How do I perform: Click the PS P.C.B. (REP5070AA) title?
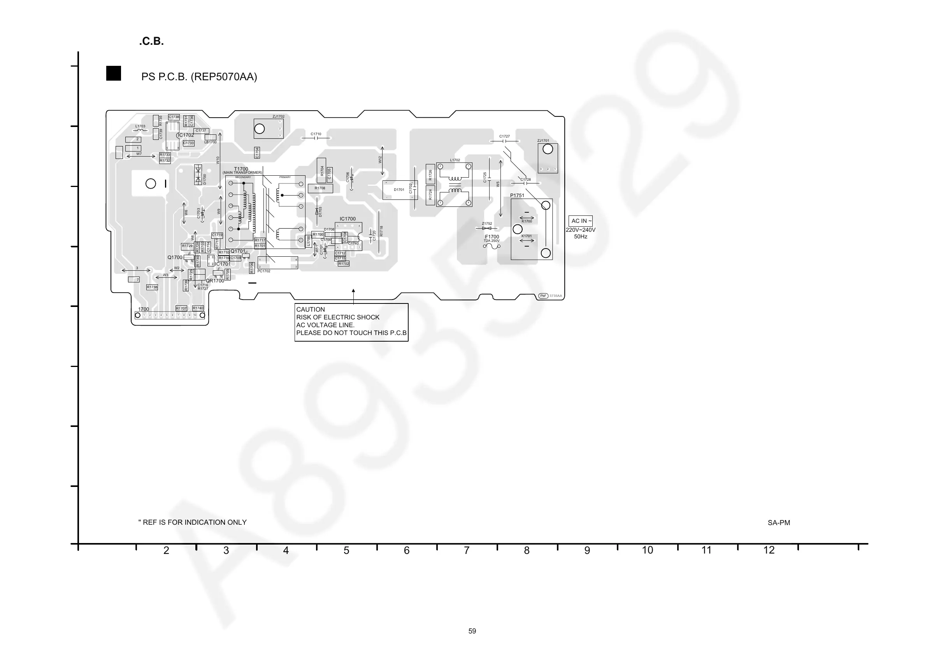[199, 77]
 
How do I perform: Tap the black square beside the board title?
[114, 74]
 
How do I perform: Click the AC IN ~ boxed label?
[581, 221]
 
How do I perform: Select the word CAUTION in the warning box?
[311, 310]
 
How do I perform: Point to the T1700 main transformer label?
[241, 169]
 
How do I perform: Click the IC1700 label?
[348, 219]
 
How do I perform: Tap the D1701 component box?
[399, 190]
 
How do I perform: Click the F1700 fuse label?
[492, 237]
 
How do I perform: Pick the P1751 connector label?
[517, 196]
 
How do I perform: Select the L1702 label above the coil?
[455, 160]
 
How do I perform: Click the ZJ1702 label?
[278, 117]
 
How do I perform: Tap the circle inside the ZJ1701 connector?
[548, 149]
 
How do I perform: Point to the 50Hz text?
[581, 237]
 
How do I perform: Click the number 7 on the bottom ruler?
[466, 550]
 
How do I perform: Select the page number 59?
[472, 631]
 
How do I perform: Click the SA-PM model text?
[779, 523]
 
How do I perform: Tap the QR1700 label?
[215, 281]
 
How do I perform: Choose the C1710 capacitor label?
[316, 134]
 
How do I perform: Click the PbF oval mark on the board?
[543, 296]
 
